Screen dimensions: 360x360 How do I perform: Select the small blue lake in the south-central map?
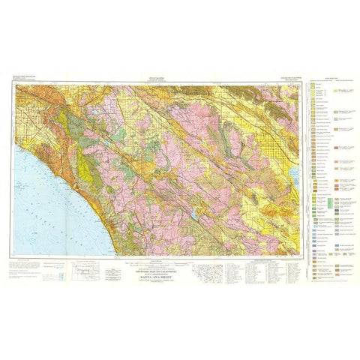[194, 214]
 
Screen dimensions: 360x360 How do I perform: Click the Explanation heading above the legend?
[330, 78]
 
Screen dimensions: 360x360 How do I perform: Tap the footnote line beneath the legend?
[330, 281]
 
